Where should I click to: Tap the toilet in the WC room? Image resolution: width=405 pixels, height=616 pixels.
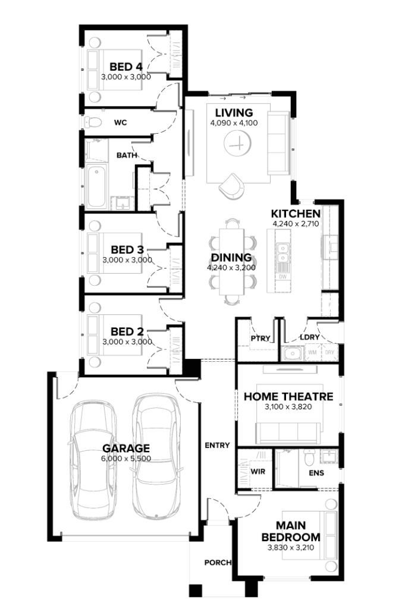click(93, 122)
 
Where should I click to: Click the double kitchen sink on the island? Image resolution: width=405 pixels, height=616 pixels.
click(282, 252)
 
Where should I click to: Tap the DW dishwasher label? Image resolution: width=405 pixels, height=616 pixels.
click(282, 277)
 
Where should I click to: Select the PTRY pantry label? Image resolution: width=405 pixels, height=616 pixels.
click(260, 338)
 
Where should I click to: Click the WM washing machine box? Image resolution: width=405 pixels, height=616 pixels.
click(312, 352)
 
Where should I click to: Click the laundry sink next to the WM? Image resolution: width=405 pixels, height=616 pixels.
click(291, 353)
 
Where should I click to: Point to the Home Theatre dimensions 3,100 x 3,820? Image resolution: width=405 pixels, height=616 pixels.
click(288, 407)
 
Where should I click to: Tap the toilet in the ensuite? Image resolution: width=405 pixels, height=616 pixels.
click(309, 457)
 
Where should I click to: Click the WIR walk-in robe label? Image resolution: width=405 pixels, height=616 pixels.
click(258, 472)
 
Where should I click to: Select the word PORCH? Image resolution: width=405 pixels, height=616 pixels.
click(218, 563)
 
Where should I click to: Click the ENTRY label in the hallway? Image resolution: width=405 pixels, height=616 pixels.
click(217, 445)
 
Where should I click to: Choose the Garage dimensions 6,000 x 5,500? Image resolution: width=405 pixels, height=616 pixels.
click(126, 459)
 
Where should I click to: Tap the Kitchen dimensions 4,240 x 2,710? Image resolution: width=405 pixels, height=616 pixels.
click(296, 224)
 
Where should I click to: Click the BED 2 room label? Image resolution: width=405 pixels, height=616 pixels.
click(127, 332)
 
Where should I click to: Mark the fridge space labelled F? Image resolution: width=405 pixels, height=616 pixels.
click(330, 304)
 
